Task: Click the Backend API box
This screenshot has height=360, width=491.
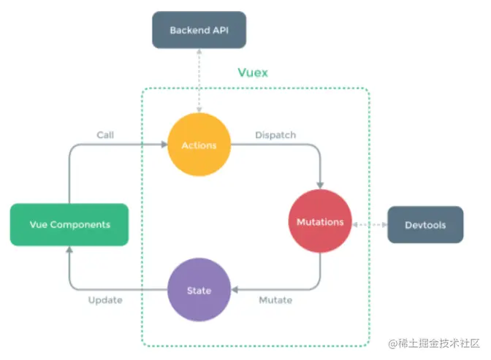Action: click(x=198, y=30)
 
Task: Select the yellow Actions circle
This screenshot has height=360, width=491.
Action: click(x=199, y=145)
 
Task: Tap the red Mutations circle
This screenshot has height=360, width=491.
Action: click(x=319, y=221)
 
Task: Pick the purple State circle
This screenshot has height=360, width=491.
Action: click(x=199, y=290)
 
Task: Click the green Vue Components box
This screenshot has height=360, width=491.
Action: click(x=69, y=224)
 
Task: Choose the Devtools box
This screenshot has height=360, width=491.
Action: click(x=425, y=225)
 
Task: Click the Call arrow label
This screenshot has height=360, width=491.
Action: click(x=104, y=135)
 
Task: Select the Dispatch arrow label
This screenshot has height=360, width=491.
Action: click(x=275, y=135)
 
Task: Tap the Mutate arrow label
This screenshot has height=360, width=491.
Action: click(x=275, y=300)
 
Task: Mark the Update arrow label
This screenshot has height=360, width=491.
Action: click(x=105, y=300)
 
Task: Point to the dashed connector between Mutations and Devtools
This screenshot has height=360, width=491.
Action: click(x=369, y=224)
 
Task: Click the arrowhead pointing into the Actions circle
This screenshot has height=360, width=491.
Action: click(x=164, y=145)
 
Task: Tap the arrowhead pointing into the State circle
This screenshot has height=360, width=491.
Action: click(x=234, y=290)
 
